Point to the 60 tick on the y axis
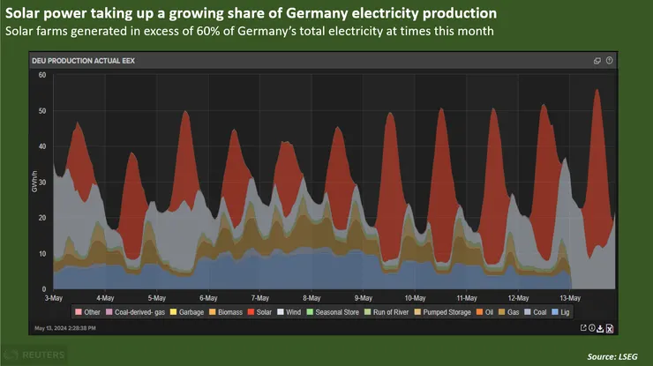coord(41,75)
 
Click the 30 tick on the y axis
coord(41,182)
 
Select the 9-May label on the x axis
coord(364,298)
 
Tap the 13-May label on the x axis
coord(571,298)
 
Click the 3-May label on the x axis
coord(54,298)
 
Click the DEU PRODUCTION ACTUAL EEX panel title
coord(82,60)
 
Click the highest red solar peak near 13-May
coord(597,91)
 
